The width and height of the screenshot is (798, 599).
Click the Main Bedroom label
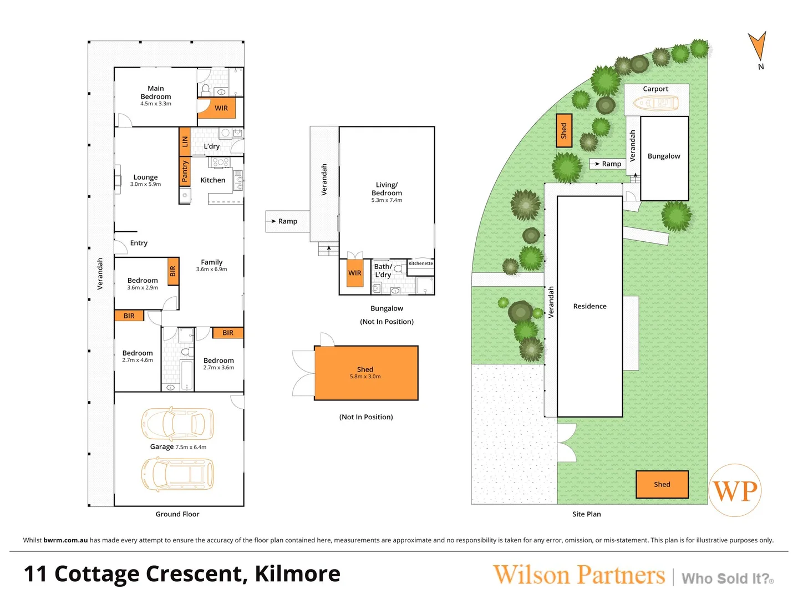point(156,93)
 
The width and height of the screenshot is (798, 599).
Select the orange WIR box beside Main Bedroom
point(221,108)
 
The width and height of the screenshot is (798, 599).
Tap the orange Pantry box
point(185,171)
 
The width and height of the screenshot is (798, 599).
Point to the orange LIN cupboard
point(185,141)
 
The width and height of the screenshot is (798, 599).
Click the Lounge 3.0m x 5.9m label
point(145,180)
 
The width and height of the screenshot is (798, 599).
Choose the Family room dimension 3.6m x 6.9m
point(211,270)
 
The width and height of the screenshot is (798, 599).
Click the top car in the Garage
point(177,424)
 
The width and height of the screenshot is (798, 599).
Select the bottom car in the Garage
point(177,474)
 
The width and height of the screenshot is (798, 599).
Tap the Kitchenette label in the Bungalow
point(420,263)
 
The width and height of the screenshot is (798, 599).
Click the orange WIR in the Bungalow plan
point(355,273)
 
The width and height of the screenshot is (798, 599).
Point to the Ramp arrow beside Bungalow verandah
point(273,221)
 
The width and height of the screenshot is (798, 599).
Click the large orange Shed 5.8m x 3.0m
point(366,373)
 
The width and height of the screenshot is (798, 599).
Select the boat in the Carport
point(656,103)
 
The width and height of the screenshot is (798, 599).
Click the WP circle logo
point(735,490)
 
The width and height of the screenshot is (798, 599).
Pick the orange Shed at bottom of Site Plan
point(662,484)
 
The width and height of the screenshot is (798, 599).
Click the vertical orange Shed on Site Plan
point(564,130)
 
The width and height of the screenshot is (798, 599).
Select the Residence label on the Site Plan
point(589,306)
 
